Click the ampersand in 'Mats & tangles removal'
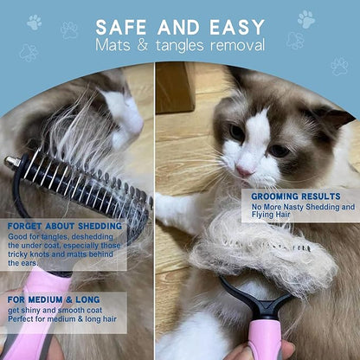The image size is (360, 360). point(143,46)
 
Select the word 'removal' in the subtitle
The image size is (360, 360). point(237,46)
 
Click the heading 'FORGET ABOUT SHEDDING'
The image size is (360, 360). point(65,226)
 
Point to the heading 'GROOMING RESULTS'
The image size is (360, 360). point(296,196)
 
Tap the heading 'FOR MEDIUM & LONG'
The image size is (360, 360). point(54,299)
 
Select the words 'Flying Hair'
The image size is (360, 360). point(271,215)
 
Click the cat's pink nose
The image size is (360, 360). point(244,172)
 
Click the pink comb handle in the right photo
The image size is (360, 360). point(265,337)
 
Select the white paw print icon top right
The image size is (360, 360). point(306,19)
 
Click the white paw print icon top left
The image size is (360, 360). point(35,22)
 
